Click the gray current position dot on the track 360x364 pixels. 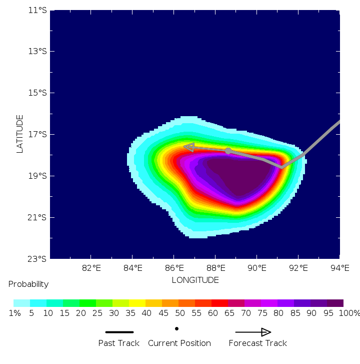tap(228, 151)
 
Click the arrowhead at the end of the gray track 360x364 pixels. tap(189, 147)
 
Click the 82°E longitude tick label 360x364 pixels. tap(91, 268)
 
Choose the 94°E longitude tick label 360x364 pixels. tap(339, 268)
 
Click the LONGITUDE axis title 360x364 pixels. tap(195, 280)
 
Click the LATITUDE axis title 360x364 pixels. tap(20, 134)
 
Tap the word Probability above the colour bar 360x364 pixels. tap(28, 284)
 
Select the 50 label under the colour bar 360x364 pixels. tap(178, 313)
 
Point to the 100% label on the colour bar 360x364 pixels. tap(349, 313)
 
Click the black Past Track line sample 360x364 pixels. tap(119, 332)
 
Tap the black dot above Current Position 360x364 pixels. tap(176, 329)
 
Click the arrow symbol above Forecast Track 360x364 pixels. tap(253, 332)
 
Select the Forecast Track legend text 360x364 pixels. tap(258, 343)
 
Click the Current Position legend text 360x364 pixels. tap(179, 343)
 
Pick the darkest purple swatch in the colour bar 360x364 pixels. tap(335, 303)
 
